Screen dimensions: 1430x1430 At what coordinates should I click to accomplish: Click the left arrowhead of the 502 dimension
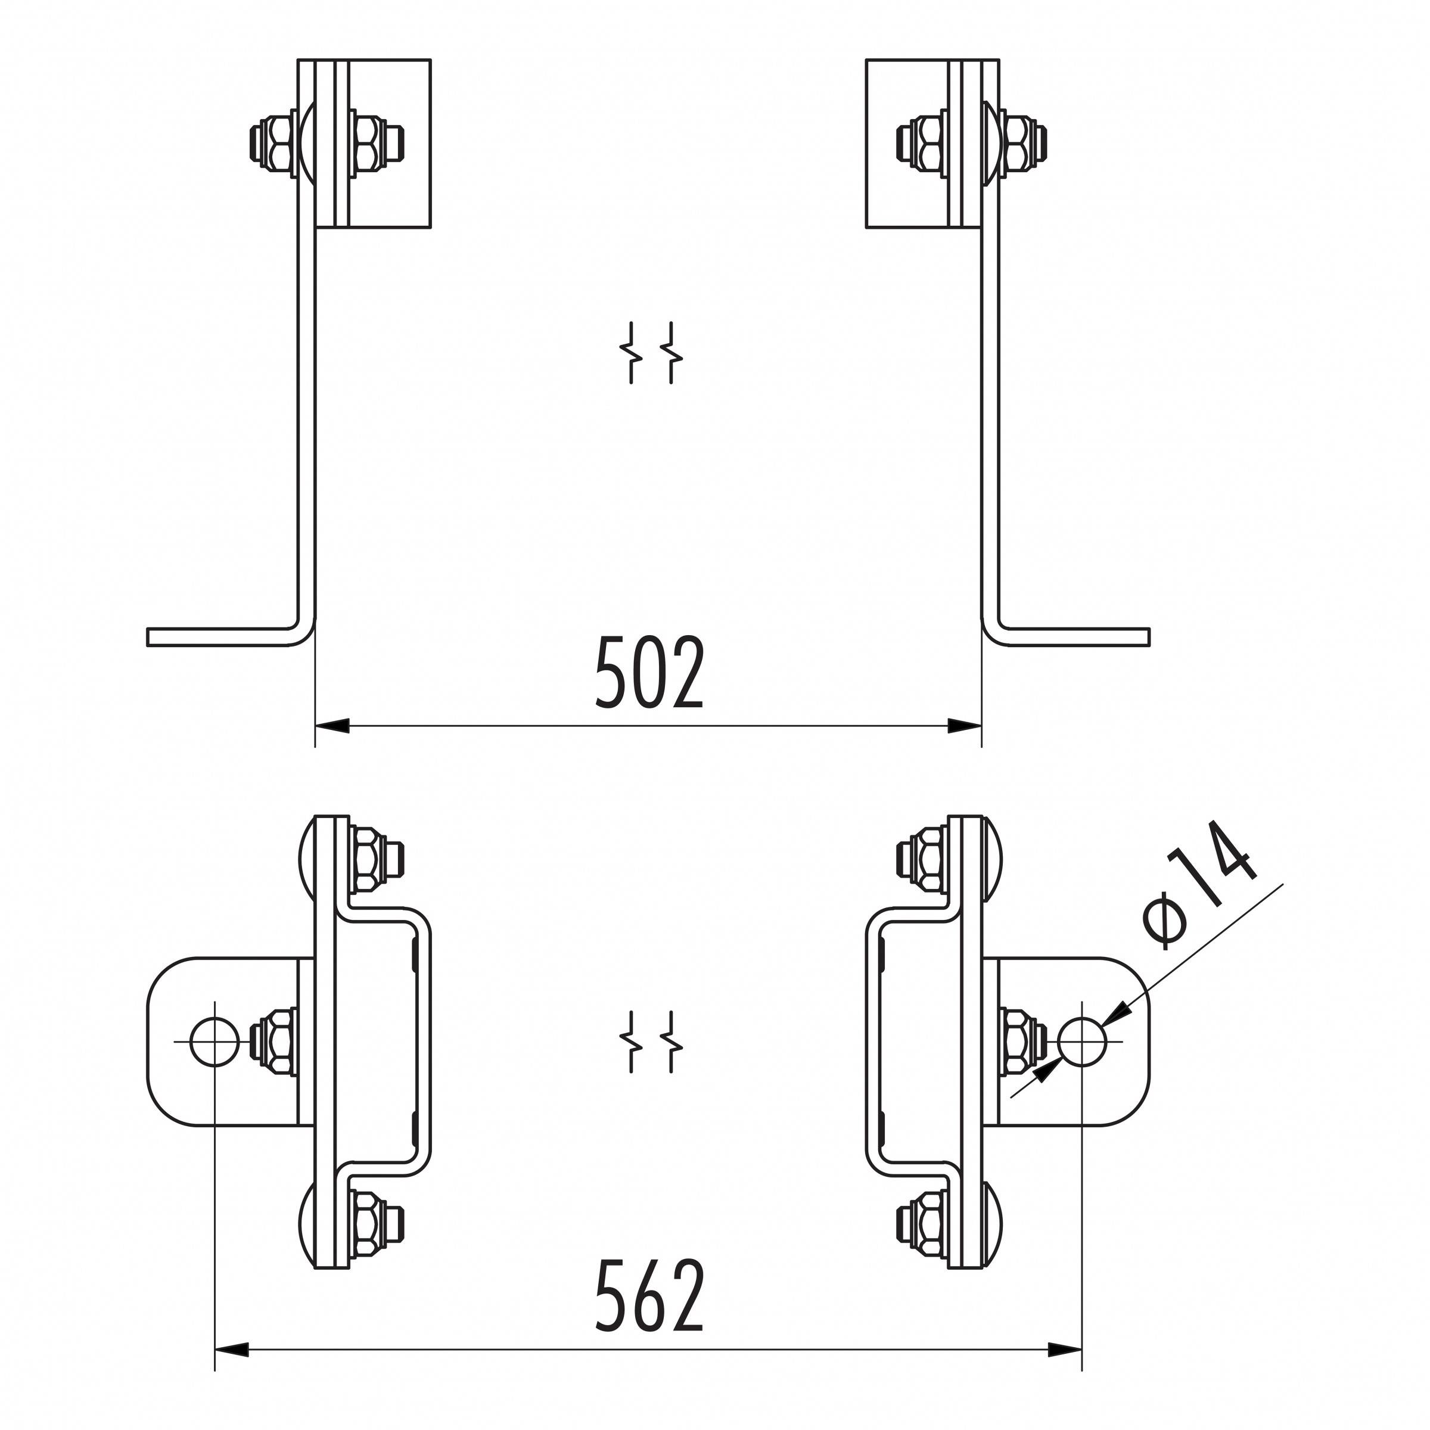click(x=332, y=726)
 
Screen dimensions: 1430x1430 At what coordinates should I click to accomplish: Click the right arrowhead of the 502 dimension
click(x=965, y=726)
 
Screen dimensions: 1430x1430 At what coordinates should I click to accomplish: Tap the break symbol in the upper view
click(x=651, y=353)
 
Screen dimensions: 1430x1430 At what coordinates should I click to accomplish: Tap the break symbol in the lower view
click(x=651, y=1042)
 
